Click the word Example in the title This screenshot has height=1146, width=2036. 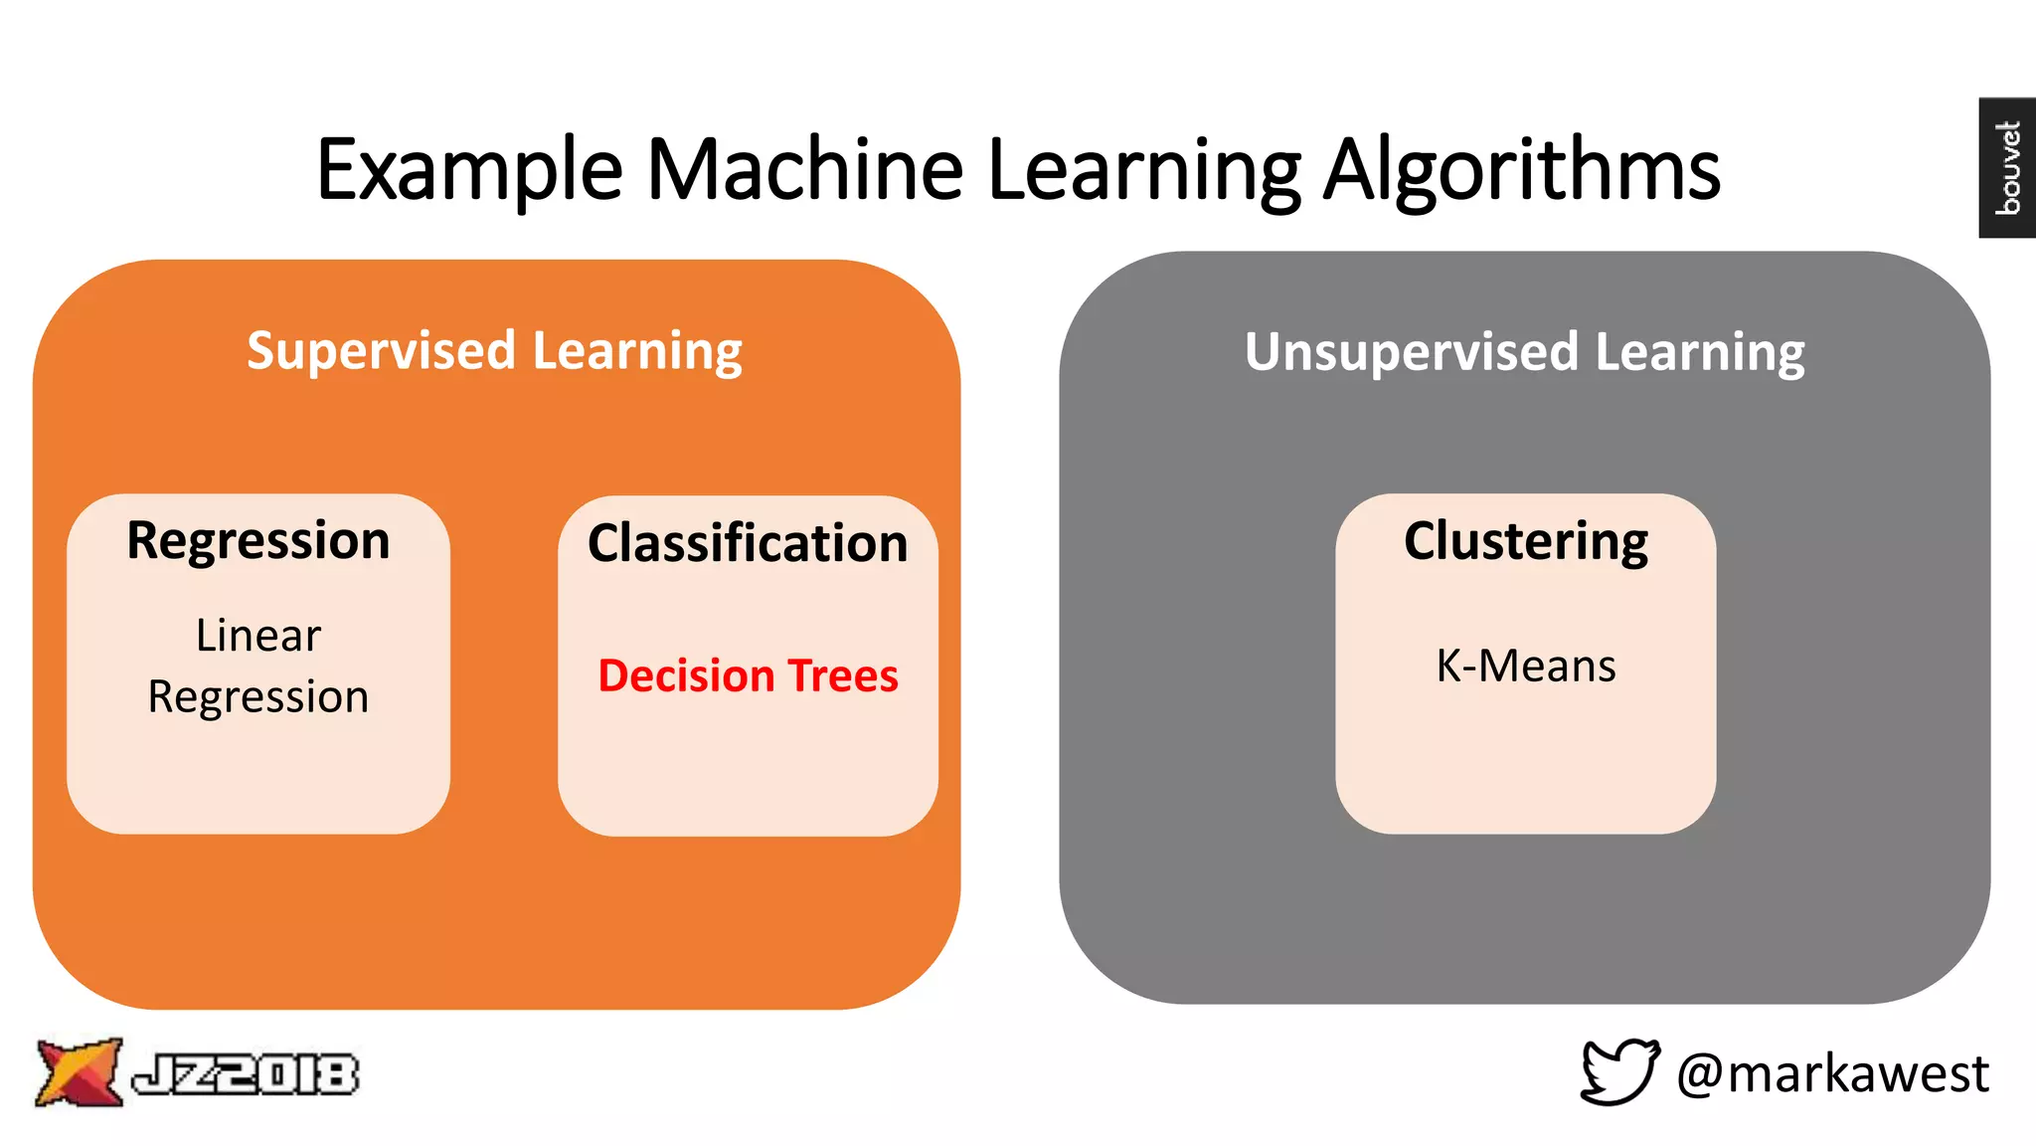pyautogui.click(x=468, y=171)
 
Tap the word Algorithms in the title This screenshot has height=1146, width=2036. pyautogui.click(x=1522, y=171)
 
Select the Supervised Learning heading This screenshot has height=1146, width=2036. pyautogui.click(x=494, y=351)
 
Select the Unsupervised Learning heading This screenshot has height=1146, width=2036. pyautogui.click(x=1524, y=352)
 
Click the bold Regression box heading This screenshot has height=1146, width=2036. pyautogui.click(x=258, y=541)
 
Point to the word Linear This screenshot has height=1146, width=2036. pyautogui.click(x=258, y=636)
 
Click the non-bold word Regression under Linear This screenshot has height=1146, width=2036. pyautogui.click(x=258, y=696)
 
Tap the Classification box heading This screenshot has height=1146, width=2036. pyautogui.click(x=748, y=543)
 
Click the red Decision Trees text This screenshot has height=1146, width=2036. pyautogui.click(x=748, y=675)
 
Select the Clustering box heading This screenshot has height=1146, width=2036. pyautogui.click(x=1525, y=541)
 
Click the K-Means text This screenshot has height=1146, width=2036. pyautogui.click(x=1525, y=666)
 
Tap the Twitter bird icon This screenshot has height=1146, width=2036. pyautogui.click(x=1619, y=1071)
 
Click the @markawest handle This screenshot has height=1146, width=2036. pyautogui.click(x=1832, y=1073)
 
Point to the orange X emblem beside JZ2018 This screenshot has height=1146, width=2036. pyautogui.click(x=79, y=1072)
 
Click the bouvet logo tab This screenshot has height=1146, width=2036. pyautogui.click(x=2007, y=167)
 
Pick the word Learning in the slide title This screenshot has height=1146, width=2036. pyautogui.click(x=1143, y=171)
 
